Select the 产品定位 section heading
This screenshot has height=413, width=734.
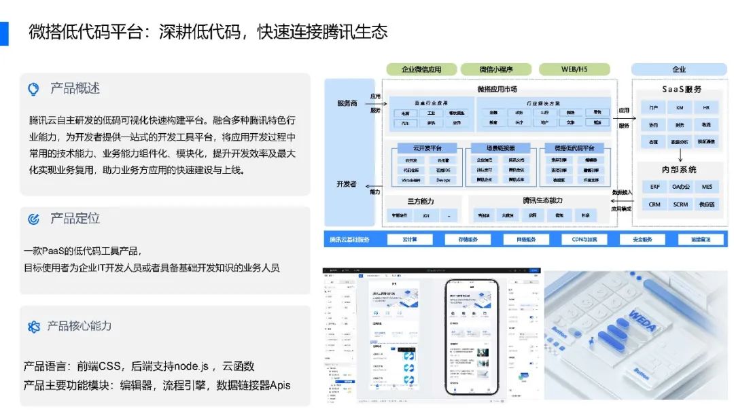[75, 219]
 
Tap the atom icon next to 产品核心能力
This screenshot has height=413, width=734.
[33, 327]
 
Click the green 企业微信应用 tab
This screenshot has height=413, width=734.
[421, 69]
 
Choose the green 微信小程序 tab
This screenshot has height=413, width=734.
[495, 69]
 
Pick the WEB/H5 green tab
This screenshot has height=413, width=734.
[574, 69]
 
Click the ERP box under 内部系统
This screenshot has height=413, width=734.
[654, 187]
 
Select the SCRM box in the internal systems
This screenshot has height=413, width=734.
[680, 204]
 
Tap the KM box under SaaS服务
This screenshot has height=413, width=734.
[680, 108]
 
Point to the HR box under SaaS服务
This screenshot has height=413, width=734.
[706, 108]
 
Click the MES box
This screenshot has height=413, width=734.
[707, 187]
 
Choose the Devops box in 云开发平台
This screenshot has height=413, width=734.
[444, 180]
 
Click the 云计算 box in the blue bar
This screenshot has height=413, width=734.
[410, 239]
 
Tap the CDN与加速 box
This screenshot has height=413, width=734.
[584, 239]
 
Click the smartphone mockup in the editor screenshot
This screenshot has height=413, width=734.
[469, 336]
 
